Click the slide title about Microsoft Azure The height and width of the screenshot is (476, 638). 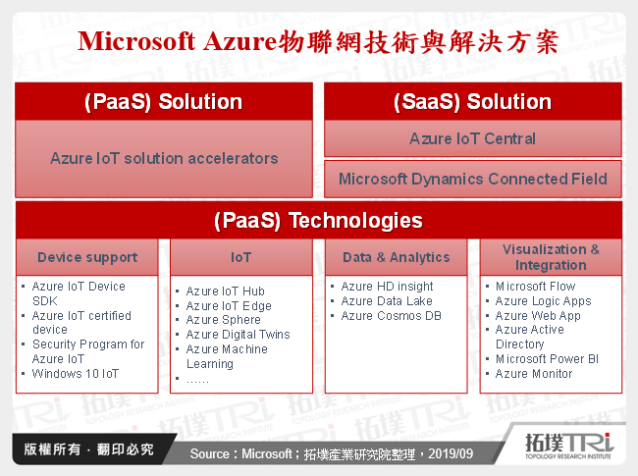318,41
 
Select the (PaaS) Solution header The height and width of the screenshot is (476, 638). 164,102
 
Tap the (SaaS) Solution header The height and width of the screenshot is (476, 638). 472,102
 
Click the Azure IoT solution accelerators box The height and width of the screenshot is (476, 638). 164,158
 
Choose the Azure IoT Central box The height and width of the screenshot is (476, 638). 472,138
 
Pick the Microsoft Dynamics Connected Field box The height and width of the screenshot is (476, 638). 472,180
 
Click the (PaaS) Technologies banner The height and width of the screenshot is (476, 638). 318,221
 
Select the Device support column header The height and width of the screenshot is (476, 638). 87,257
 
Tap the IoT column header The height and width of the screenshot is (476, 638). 240,257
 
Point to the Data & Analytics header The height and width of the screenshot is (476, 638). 396,257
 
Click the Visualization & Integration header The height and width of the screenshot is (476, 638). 551,257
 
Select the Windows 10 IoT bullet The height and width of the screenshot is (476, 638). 75,374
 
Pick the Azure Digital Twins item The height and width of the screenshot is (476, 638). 238,335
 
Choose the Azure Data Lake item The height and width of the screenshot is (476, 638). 386,301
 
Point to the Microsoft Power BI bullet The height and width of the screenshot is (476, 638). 547,359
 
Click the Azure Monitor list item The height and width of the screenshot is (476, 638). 534,374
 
